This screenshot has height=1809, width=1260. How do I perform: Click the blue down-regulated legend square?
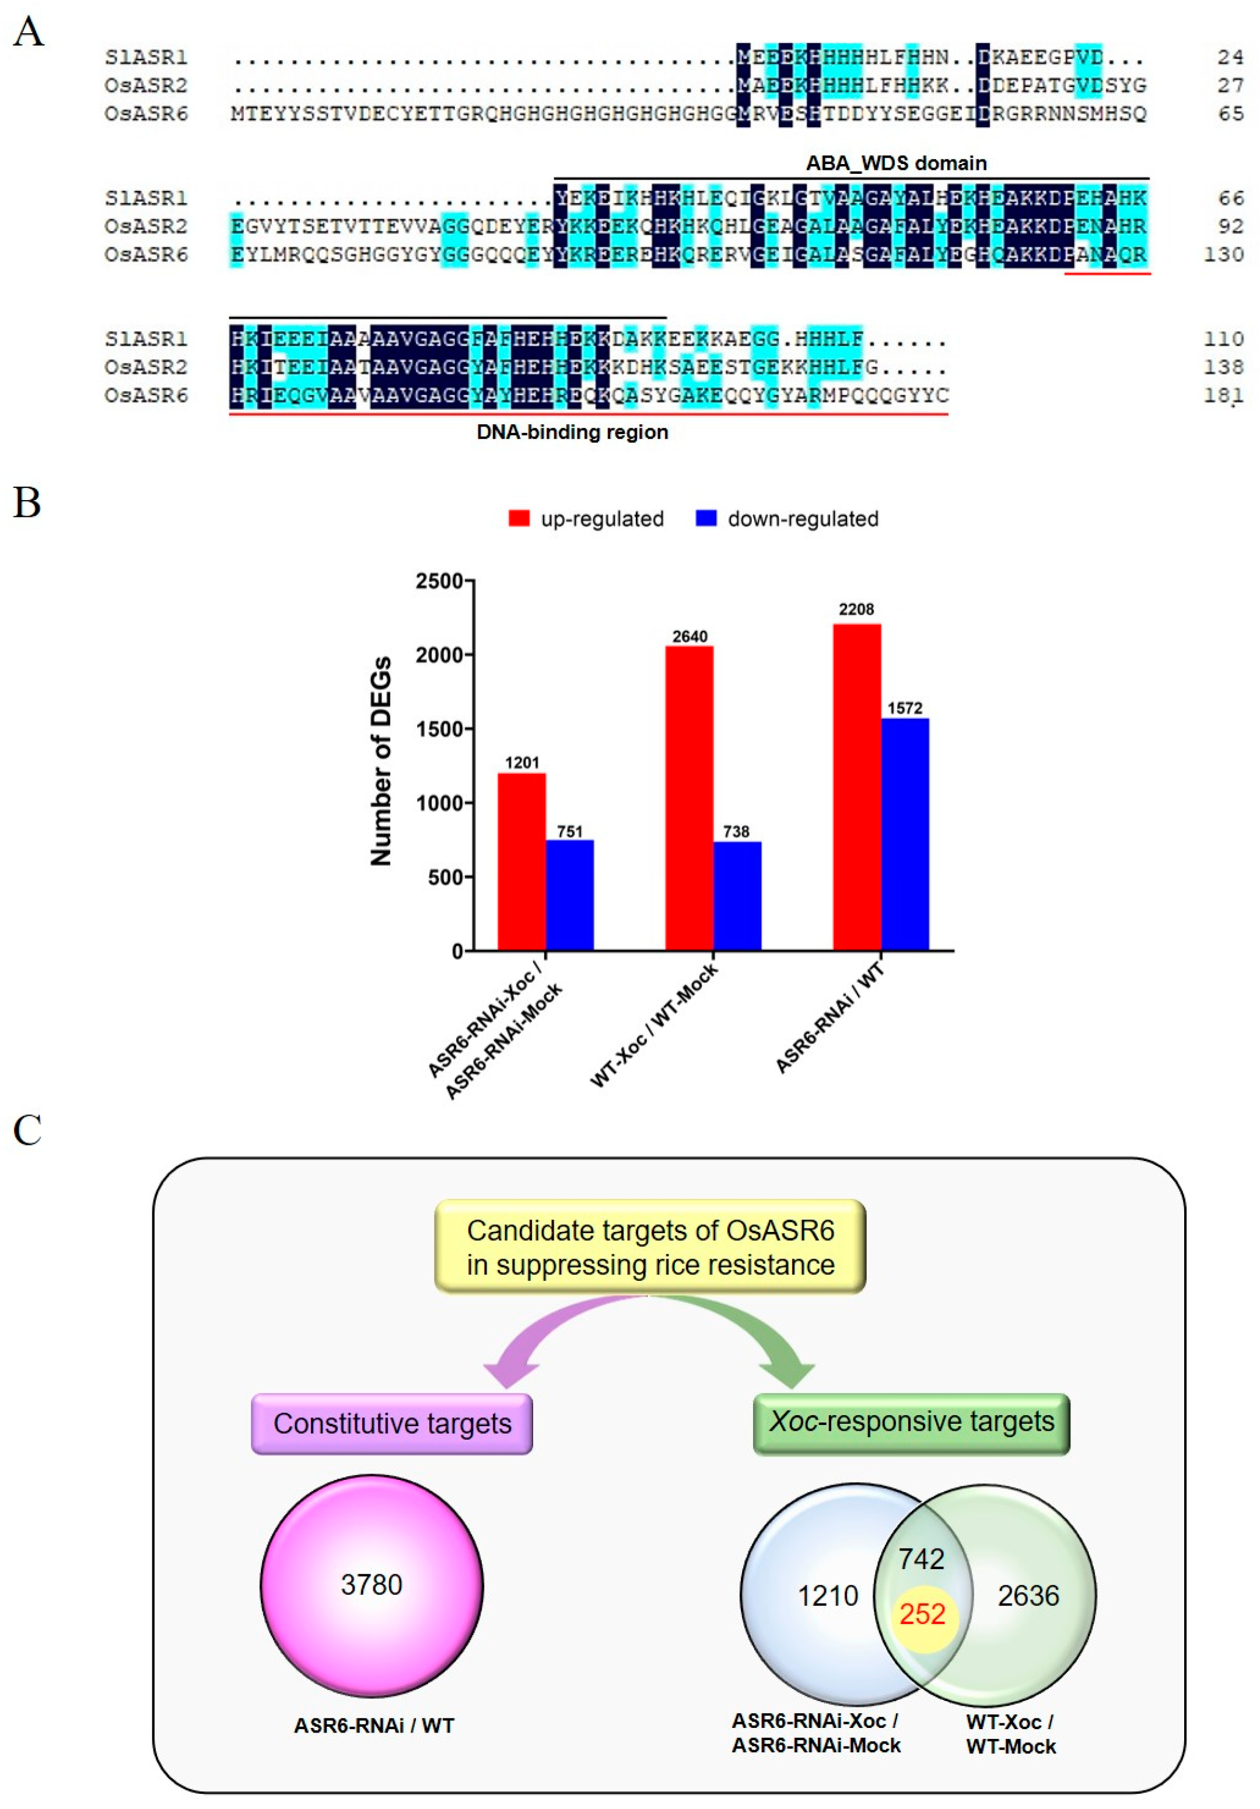706,518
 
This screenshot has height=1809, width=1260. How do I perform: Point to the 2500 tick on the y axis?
439,581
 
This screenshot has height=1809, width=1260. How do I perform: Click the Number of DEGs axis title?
380,760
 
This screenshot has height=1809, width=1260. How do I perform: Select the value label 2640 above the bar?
689,636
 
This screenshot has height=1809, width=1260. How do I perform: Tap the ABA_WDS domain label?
895,163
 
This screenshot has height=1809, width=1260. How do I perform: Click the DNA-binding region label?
572,432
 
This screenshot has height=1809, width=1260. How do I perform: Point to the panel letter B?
27,502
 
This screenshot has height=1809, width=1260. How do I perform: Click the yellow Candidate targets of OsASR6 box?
650,1247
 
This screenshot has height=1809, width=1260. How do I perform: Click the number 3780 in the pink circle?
371,1584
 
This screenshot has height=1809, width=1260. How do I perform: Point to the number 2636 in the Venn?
1028,1595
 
